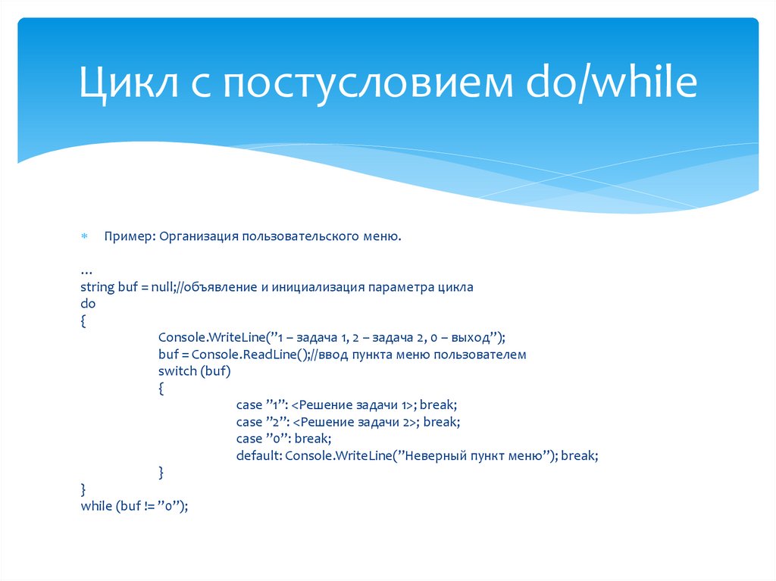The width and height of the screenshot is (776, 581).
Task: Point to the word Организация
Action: point(199,237)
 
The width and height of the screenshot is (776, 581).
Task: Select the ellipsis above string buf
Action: point(86,271)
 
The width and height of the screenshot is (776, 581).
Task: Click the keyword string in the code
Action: point(97,288)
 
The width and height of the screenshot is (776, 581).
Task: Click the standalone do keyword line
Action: point(88,304)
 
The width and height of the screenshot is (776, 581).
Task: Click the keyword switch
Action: point(177,371)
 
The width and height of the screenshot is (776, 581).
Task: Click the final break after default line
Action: point(579,456)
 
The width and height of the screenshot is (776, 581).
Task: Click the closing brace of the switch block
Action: point(161,472)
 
